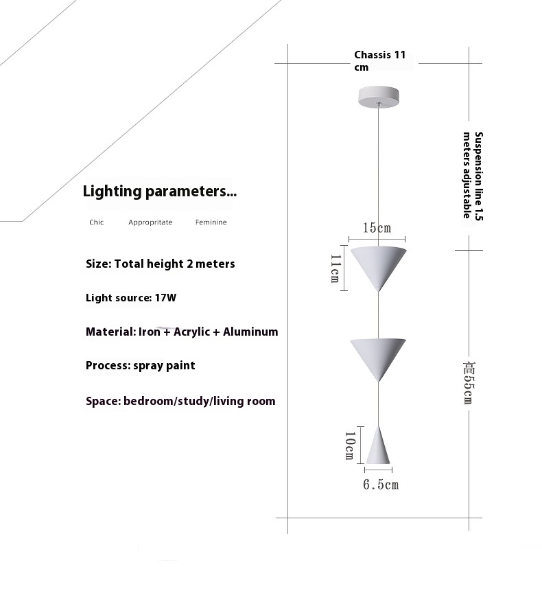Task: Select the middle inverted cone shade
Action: (378, 360)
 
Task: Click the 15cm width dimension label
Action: (377, 228)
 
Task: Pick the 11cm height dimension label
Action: (335, 268)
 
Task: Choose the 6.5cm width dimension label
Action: (381, 485)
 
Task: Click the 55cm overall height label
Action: (469, 383)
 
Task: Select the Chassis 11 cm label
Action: (380, 61)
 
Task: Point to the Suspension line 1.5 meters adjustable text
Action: (473, 176)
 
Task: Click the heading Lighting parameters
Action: (160, 192)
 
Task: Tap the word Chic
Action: (97, 222)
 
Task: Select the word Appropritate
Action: (150, 222)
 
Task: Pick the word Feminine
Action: (211, 222)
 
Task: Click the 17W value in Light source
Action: (165, 298)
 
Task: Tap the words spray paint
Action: (164, 365)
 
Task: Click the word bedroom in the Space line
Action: (148, 401)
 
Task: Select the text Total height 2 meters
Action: (174, 264)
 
